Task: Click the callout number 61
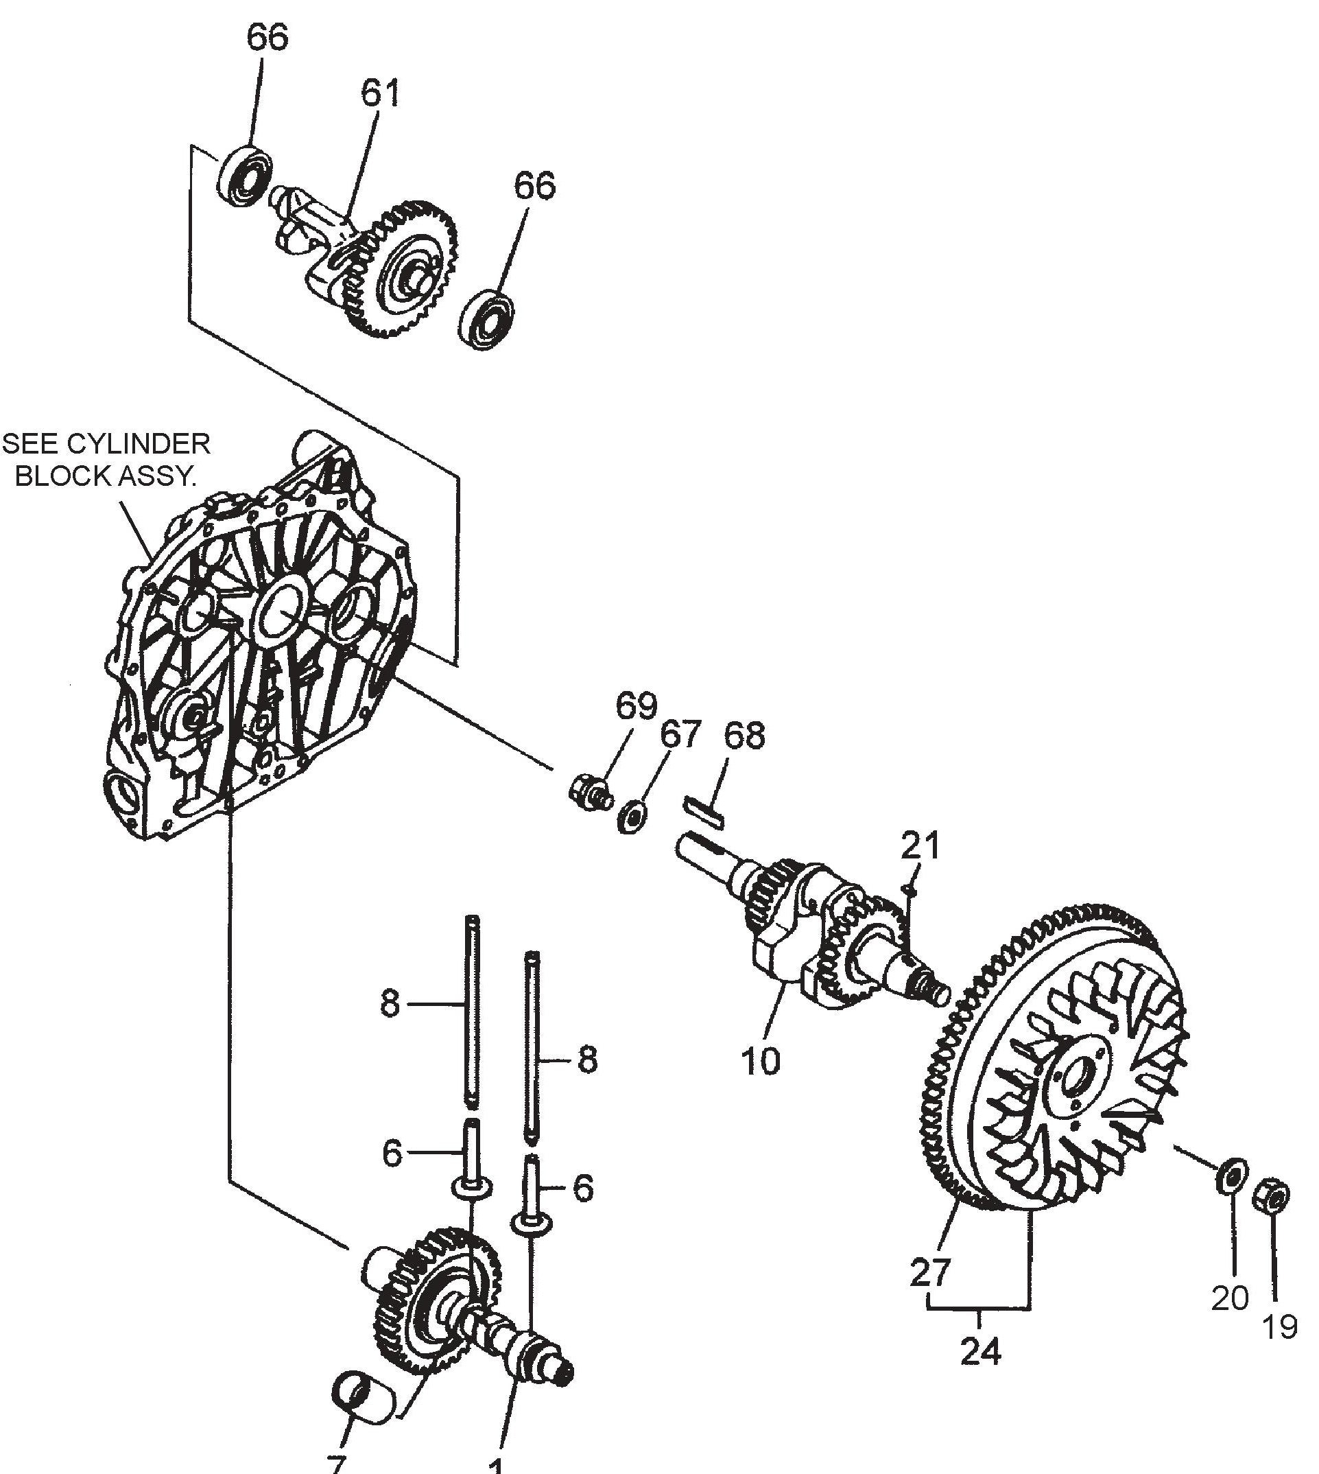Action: [381, 95]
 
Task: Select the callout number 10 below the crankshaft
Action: [760, 1062]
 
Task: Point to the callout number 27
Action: [930, 1273]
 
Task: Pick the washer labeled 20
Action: [1231, 1177]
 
